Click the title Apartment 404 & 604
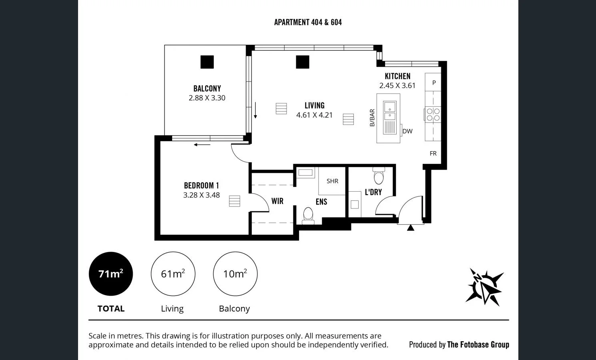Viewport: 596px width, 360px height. click(x=308, y=22)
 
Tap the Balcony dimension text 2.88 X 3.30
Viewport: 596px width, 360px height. click(x=207, y=98)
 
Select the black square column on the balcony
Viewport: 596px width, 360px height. click(x=207, y=62)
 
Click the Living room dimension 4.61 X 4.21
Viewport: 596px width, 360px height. click(x=314, y=115)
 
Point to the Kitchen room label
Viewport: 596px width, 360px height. click(x=397, y=76)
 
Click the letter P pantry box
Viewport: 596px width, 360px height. click(x=433, y=82)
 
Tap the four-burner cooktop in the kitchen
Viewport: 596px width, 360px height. click(x=433, y=114)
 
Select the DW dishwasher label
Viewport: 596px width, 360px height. click(x=407, y=131)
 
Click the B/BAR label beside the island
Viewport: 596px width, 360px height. click(x=372, y=118)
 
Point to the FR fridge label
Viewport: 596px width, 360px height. click(x=433, y=153)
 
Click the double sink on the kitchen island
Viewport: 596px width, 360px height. click(x=389, y=112)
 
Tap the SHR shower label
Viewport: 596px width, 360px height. click(x=332, y=181)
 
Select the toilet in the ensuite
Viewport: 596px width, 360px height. click(x=308, y=215)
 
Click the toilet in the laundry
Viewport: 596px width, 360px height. click(x=379, y=176)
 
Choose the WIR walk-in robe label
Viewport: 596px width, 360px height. click(x=277, y=201)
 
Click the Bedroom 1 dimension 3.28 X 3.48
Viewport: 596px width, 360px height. click(x=201, y=195)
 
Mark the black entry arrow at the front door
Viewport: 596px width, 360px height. click(x=410, y=228)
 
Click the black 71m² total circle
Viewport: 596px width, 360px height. click(x=111, y=274)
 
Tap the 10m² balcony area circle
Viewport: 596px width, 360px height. click(x=235, y=274)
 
